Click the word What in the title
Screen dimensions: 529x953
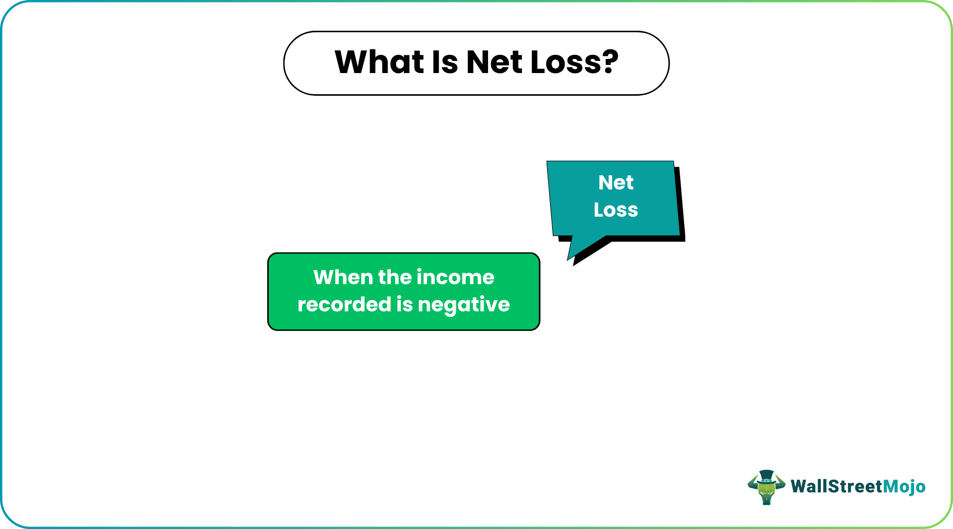[379, 62]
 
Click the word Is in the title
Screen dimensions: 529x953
[445, 62]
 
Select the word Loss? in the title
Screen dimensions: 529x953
[574, 62]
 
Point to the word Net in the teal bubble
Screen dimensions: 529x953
[616, 182]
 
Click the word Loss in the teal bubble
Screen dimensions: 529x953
[616, 210]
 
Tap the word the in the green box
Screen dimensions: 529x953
[394, 278]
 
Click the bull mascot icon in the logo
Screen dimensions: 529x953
[766, 488]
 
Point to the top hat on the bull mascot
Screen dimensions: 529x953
[766, 476]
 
